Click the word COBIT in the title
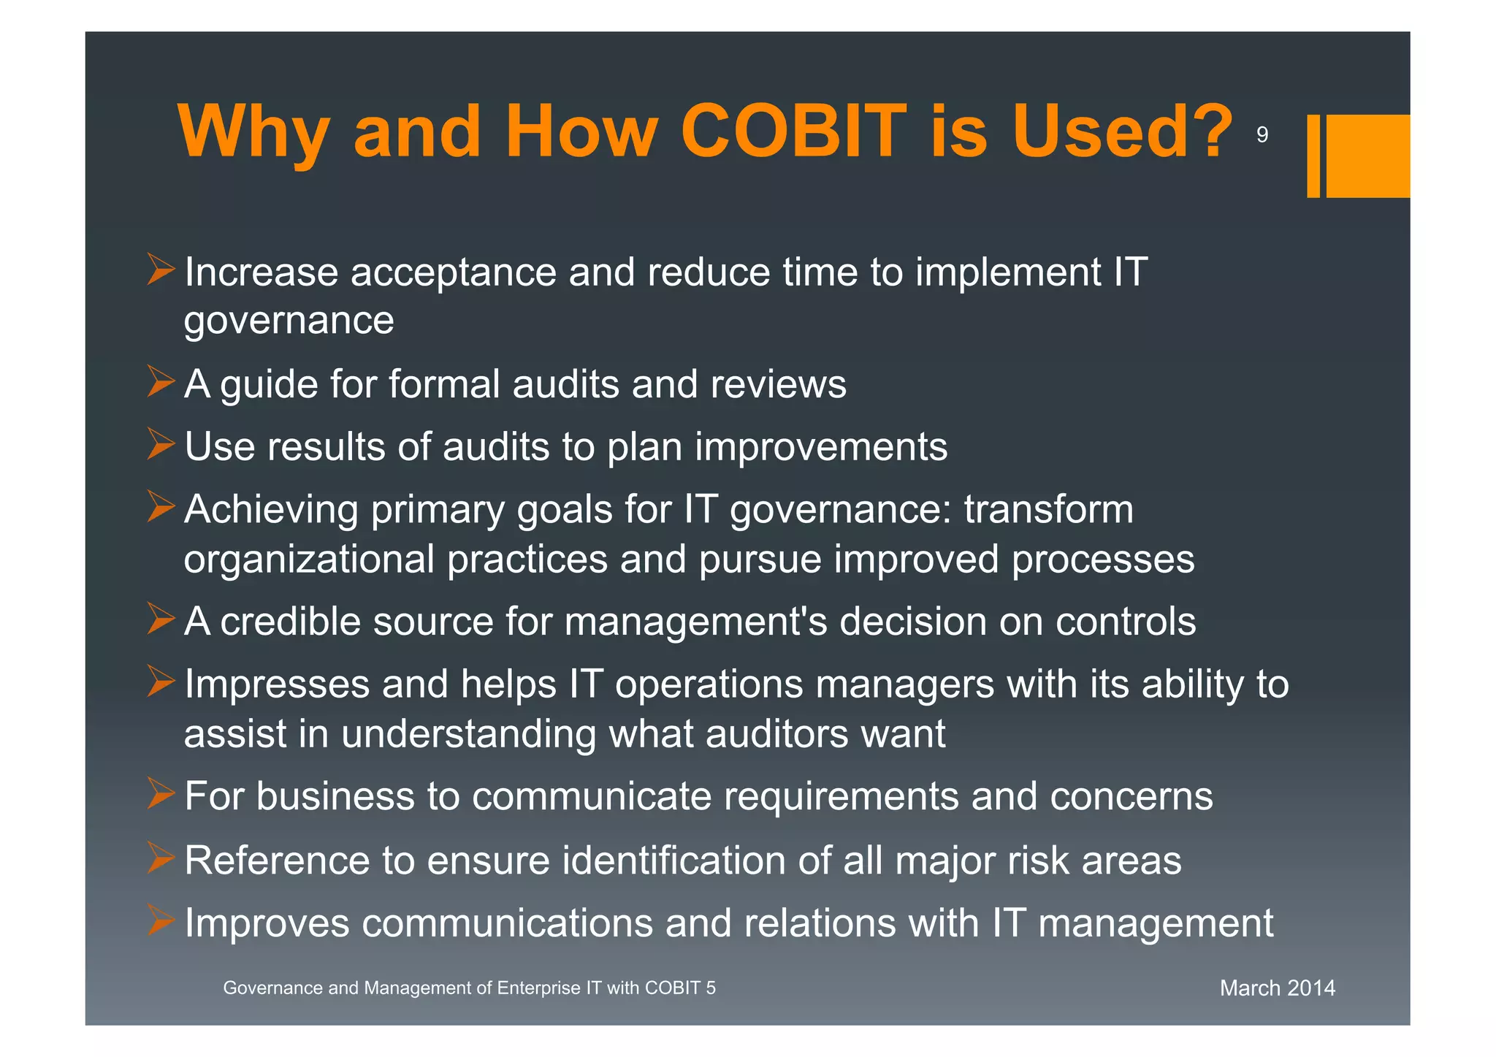pos(793,131)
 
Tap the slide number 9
pos(1262,134)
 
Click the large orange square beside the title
pos(1367,156)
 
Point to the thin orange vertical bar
pos(1313,156)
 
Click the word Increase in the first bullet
pos(262,272)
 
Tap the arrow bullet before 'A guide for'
pos(161,381)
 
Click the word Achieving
pos(271,510)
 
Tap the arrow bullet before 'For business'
pos(161,793)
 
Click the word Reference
pos(277,861)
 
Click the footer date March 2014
pos(1277,988)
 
